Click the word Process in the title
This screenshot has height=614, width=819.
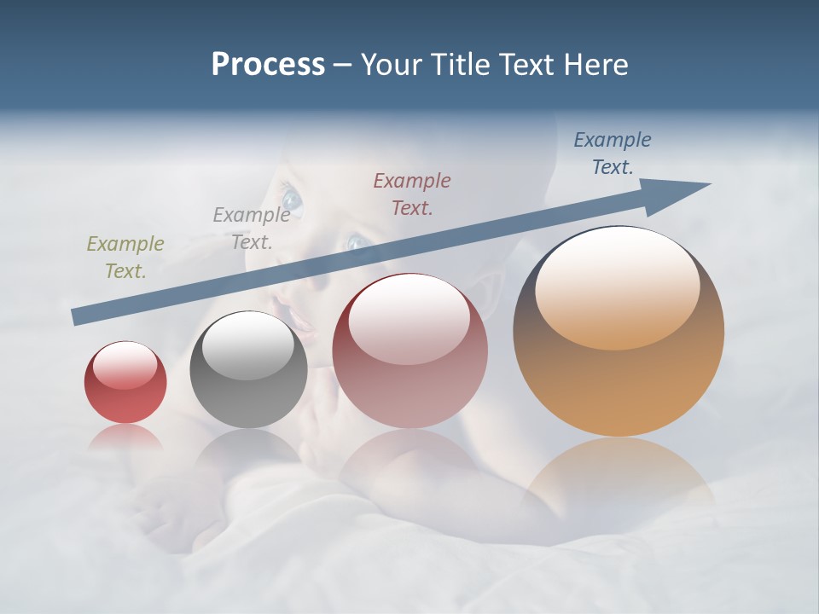[x=268, y=65]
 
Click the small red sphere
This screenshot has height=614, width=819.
[x=125, y=382]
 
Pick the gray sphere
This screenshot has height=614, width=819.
[x=248, y=369]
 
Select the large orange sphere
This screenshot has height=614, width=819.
[x=619, y=331]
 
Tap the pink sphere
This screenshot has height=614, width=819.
[x=410, y=350]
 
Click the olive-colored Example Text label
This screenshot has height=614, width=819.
[x=125, y=258]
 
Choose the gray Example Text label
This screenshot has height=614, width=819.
[x=252, y=229]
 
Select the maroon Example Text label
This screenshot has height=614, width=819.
[x=412, y=194]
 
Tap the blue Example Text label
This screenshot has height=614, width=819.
[x=613, y=153]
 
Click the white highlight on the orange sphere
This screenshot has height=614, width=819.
[x=617, y=285]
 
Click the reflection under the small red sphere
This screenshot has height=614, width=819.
[x=125, y=437]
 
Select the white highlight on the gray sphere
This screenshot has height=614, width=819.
[x=248, y=345]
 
